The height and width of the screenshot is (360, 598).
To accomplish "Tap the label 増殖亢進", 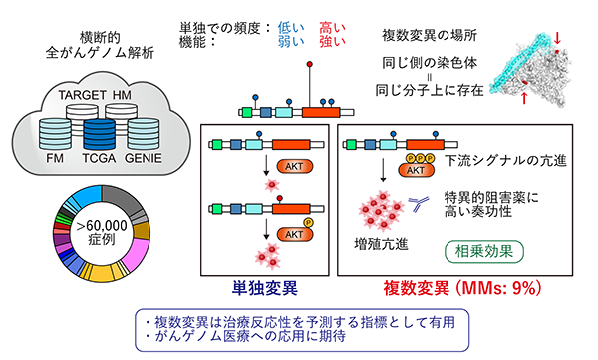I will [386, 248].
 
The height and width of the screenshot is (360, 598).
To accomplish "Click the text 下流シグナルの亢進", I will [504, 160].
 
